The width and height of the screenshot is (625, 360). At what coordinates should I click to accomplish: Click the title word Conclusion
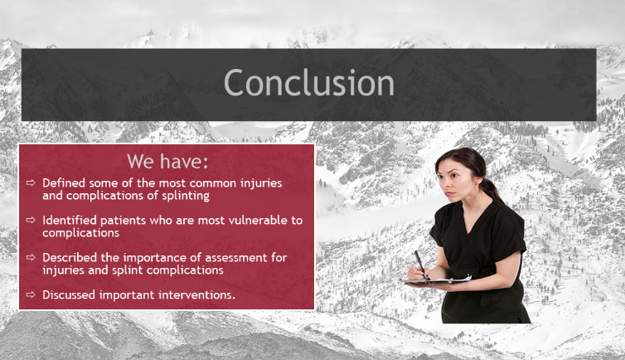coord(309,82)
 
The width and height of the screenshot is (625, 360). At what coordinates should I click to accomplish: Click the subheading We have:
coord(167,162)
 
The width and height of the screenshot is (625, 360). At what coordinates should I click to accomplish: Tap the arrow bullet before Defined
coord(31,183)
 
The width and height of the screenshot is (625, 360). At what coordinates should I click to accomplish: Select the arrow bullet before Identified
coord(31,220)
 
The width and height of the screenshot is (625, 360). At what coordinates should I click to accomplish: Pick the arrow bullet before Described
coord(31,257)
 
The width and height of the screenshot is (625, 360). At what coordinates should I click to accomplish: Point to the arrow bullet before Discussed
coord(31,294)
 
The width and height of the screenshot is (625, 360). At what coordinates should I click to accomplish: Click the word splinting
coord(186,196)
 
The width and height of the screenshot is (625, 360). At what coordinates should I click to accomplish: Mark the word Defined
coord(64,183)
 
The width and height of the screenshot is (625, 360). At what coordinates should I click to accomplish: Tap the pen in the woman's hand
coord(421,265)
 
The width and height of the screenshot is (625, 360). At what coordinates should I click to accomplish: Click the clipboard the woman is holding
coord(436,280)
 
